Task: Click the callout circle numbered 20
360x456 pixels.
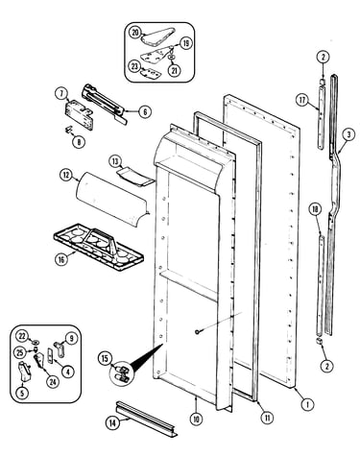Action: click(x=135, y=33)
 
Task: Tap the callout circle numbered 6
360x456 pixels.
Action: click(x=145, y=111)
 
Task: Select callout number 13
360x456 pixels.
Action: click(x=115, y=161)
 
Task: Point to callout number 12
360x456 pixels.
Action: click(x=66, y=175)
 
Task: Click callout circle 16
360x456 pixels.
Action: click(x=61, y=259)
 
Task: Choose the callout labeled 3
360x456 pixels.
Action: click(x=348, y=134)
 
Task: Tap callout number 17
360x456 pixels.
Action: click(x=302, y=100)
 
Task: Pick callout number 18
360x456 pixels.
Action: click(x=315, y=209)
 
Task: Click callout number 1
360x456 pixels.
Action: click(x=307, y=404)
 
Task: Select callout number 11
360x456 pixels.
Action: click(x=267, y=418)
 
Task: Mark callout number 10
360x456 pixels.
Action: click(x=196, y=419)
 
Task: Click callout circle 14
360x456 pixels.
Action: click(x=112, y=423)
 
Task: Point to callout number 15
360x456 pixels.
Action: click(x=105, y=358)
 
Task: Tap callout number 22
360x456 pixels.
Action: click(x=22, y=336)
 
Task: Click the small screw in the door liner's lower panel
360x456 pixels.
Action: click(x=197, y=332)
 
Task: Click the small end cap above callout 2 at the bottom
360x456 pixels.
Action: click(x=319, y=342)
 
